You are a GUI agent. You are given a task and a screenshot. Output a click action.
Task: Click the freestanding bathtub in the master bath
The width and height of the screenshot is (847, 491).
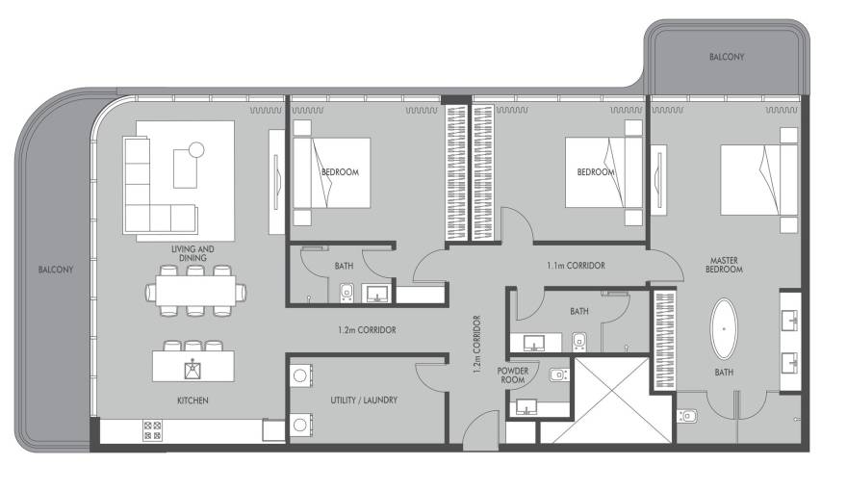[723, 328]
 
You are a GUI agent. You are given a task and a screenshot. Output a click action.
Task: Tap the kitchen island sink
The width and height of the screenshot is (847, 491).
[192, 370]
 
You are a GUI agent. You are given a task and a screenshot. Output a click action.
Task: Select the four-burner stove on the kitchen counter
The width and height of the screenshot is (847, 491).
[152, 430]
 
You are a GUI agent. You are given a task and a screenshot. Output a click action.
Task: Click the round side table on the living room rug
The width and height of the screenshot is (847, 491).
[196, 149]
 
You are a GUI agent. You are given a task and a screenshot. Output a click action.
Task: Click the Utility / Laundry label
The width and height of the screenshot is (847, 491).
[364, 401]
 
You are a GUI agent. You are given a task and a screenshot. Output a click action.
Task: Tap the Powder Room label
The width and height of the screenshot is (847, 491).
[513, 375]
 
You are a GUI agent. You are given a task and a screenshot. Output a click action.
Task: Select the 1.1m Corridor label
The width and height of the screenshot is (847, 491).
[576, 266]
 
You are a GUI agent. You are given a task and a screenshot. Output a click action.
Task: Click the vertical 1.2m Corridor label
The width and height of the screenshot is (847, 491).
[477, 345]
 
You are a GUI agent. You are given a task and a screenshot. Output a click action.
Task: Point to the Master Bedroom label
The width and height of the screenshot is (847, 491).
[724, 265]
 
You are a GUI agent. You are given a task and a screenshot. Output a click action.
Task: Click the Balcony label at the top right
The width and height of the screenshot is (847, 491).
[727, 57]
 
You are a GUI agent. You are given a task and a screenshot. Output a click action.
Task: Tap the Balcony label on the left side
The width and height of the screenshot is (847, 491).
[56, 270]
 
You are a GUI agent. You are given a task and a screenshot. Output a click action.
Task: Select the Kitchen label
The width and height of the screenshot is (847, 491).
[192, 401]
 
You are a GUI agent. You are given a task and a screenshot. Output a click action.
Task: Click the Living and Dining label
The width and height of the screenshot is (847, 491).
[192, 253]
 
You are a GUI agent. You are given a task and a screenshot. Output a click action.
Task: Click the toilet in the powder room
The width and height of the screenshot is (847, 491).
[559, 374]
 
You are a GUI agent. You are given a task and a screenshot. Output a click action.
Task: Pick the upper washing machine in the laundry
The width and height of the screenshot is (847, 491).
[300, 375]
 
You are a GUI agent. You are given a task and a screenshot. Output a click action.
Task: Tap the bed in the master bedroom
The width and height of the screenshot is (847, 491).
[759, 180]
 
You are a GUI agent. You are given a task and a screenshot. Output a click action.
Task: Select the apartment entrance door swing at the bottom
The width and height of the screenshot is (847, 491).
[480, 430]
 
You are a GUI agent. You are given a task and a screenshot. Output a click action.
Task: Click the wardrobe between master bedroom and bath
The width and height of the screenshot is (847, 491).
[665, 340]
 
